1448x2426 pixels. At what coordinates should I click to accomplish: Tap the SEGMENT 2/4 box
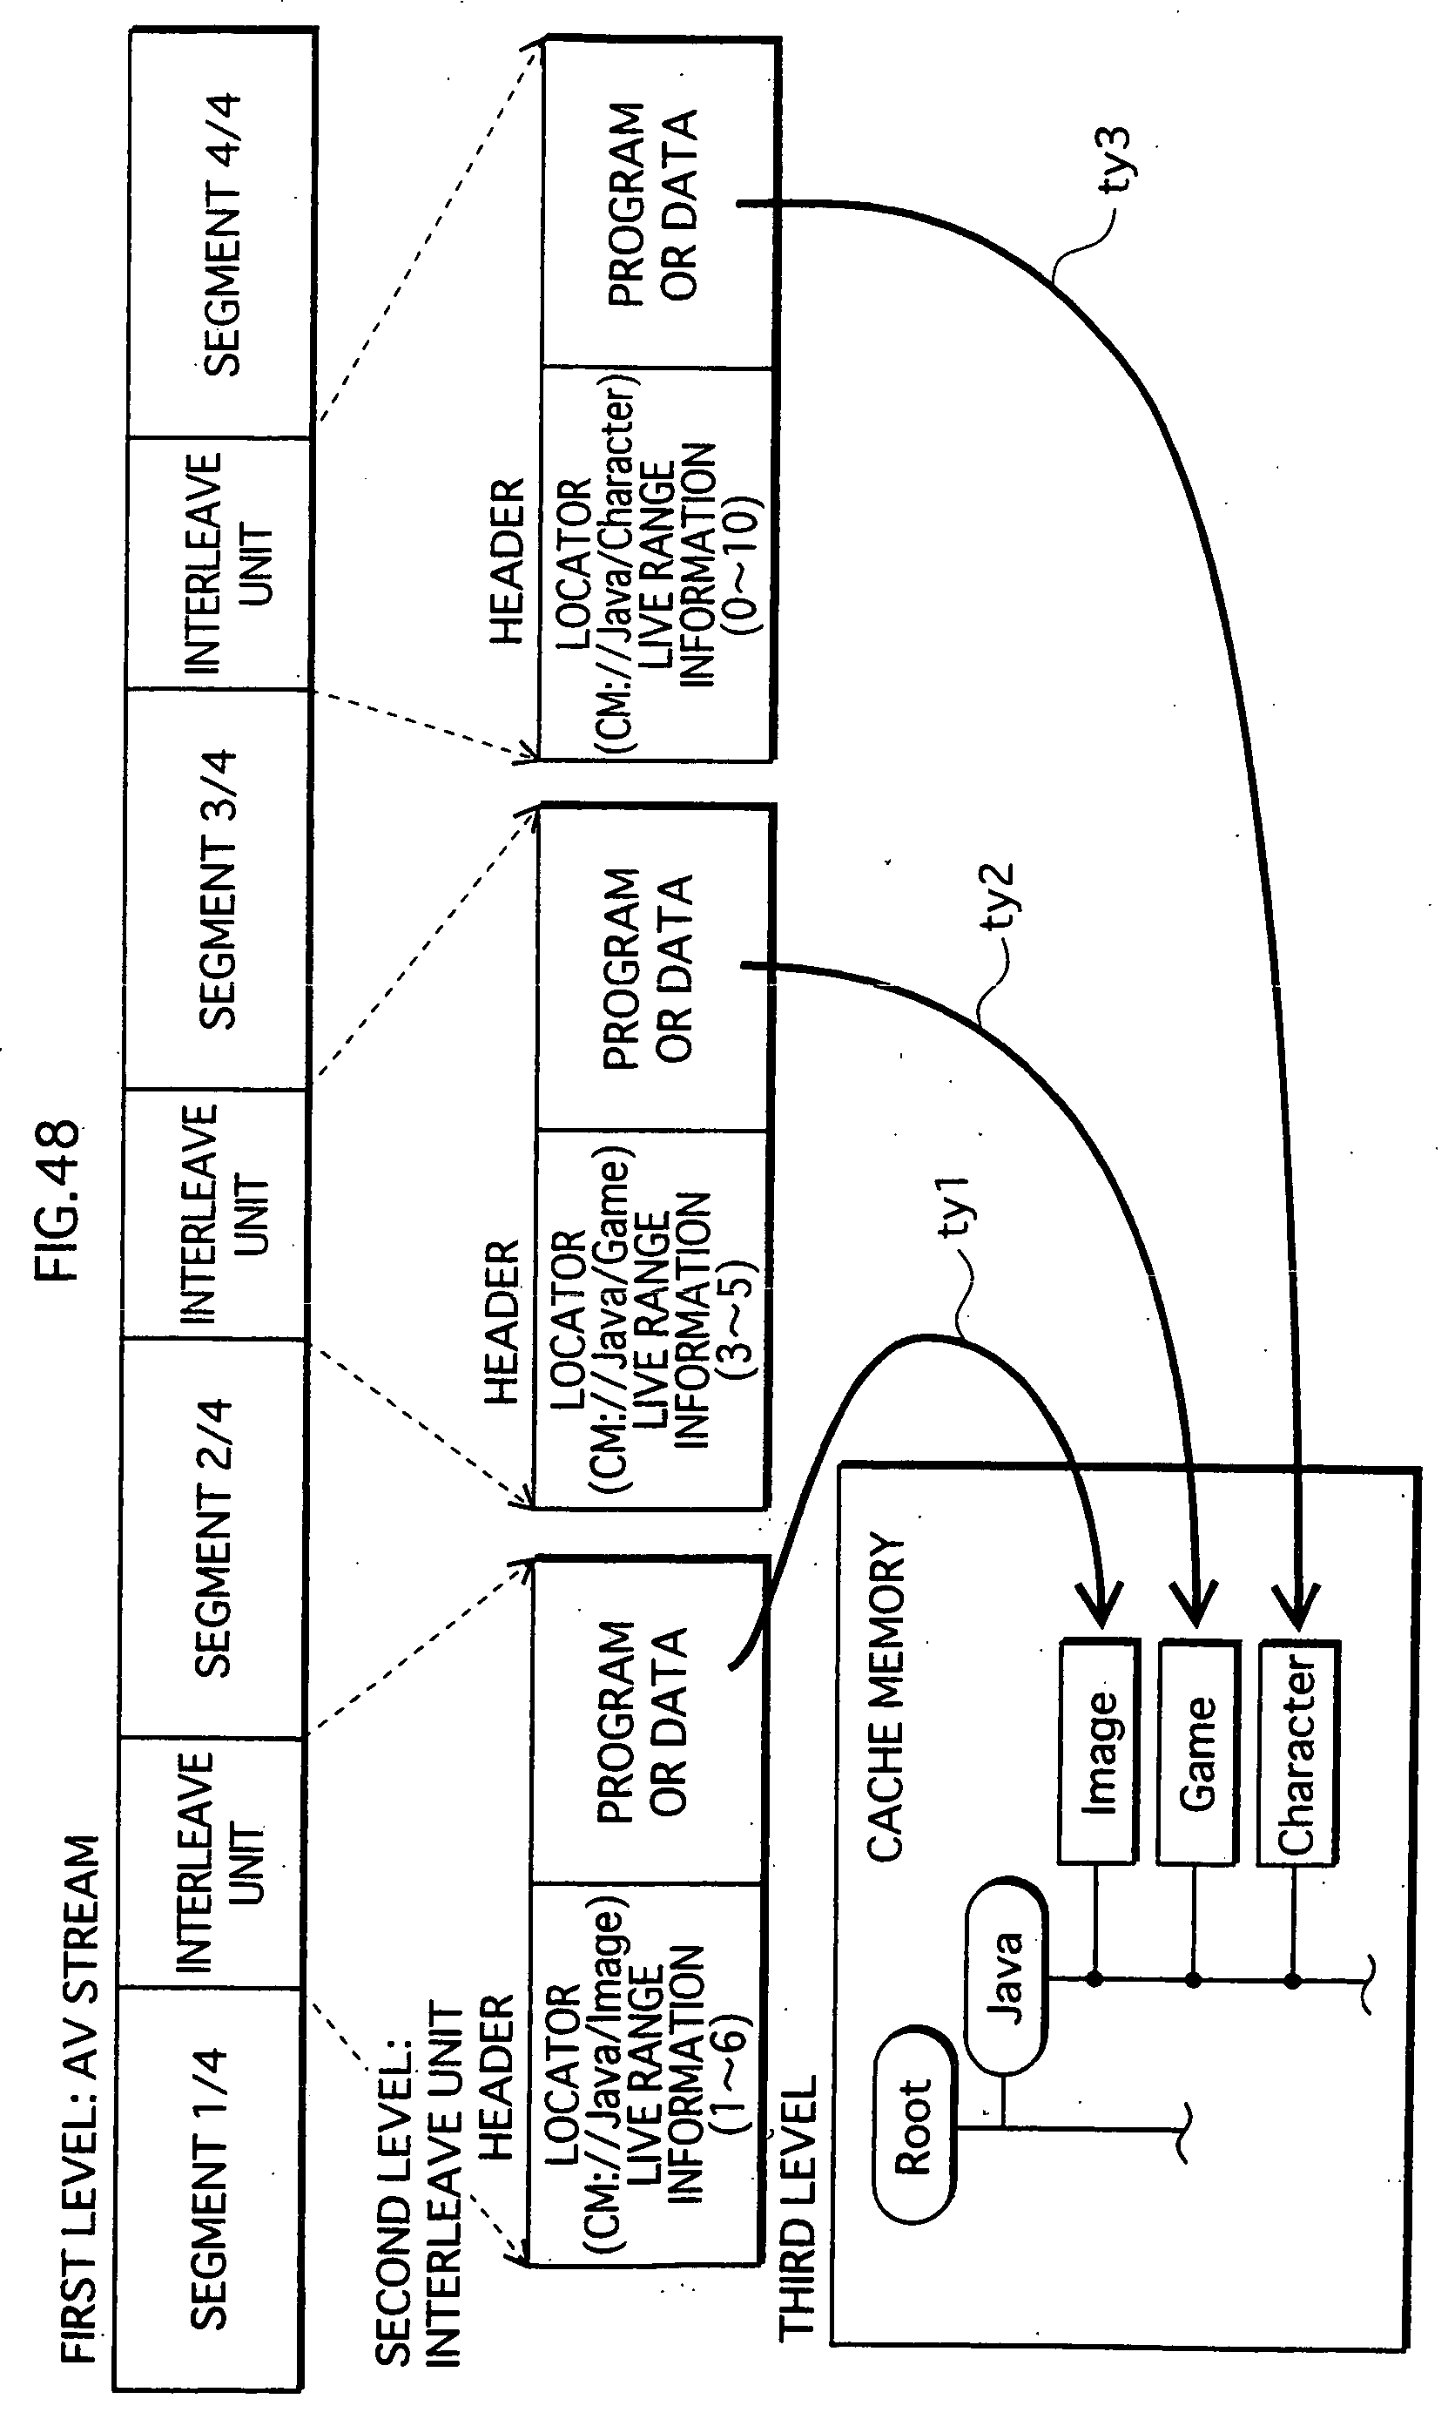[x=212, y=1536]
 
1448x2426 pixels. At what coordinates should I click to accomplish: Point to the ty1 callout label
[x=956, y=1206]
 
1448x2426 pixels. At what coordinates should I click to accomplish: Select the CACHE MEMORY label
[x=887, y=1697]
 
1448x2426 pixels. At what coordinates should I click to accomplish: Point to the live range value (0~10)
[x=744, y=566]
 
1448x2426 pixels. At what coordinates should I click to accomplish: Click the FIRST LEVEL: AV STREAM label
[x=81, y=2098]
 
